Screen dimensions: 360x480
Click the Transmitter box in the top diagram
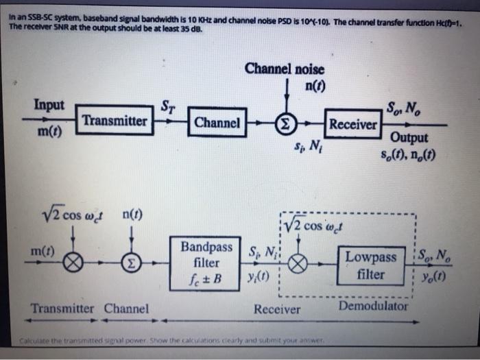pos(115,121)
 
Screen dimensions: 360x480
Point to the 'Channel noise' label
pos(285,69)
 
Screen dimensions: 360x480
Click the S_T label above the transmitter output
pos(167,106)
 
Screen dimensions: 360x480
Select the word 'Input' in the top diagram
pos(49,105)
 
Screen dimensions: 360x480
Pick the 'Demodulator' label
pos(373,307)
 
